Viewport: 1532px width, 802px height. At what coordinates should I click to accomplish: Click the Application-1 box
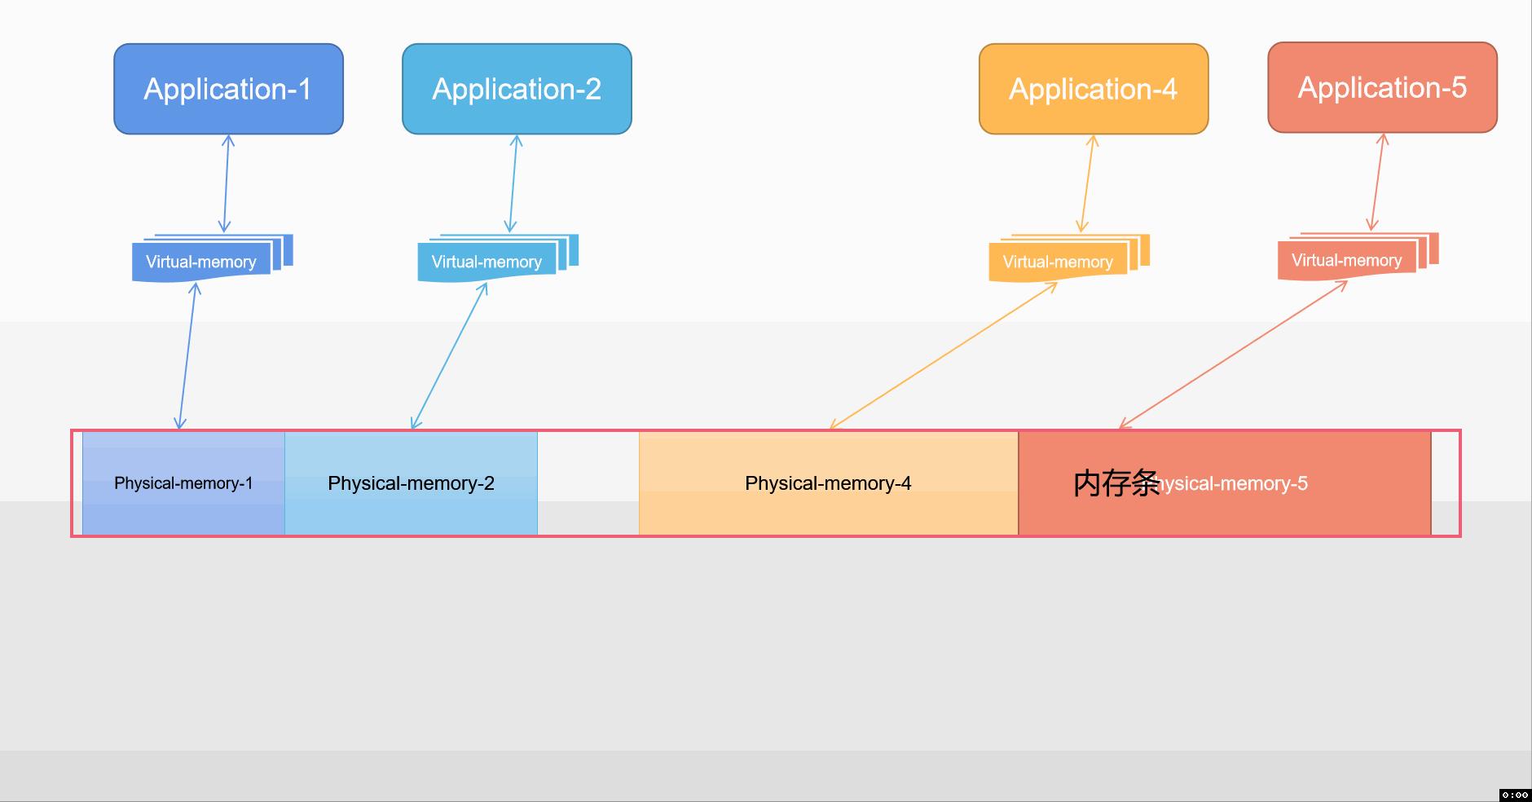228,89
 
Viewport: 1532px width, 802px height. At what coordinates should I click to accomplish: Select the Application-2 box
517,89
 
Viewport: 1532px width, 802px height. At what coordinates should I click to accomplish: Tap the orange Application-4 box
1093,89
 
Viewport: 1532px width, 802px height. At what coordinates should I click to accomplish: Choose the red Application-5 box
1382,87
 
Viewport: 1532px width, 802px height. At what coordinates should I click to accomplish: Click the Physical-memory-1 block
183,483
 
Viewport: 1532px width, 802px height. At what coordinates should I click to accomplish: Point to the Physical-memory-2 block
411,483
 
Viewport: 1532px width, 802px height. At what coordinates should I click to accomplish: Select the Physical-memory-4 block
828,483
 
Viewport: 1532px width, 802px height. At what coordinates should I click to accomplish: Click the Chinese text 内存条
1116,483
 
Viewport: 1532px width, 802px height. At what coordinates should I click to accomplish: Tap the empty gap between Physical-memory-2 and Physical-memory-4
588,483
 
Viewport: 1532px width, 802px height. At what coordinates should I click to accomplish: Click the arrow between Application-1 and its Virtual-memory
227,183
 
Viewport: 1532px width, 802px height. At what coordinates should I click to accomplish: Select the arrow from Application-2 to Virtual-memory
513,183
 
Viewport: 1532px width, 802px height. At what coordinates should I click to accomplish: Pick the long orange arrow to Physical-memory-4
943,355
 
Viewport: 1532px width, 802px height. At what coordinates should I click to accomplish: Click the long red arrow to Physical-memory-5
1233,355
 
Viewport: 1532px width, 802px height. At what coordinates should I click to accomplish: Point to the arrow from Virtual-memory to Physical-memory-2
449,355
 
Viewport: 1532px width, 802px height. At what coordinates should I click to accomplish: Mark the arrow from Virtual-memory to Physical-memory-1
187,355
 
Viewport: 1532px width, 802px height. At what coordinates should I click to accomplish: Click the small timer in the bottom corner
1515,795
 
